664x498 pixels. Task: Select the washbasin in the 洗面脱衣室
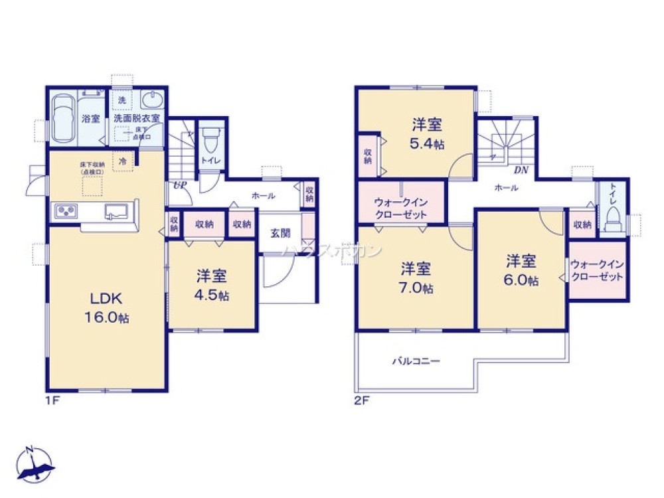pyautogui.click(x=153, y=101)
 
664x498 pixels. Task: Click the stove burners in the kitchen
pyautogui.click(x=67, y=211)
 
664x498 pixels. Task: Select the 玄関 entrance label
pyautogui.click(x=280, y=233)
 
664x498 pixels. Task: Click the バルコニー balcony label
pyautogui.click(x=416, y=361)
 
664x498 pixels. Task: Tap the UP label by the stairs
pyautogui.click(x=179, y=185)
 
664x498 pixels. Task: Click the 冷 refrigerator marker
pyautogui.click(x=123, y=159)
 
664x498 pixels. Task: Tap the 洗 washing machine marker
pyautogui.click(x=122, y=100)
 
